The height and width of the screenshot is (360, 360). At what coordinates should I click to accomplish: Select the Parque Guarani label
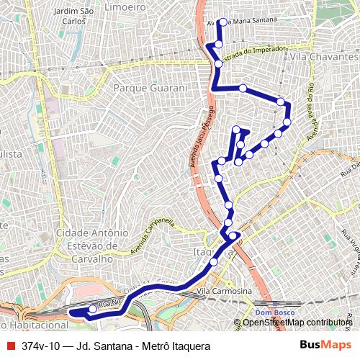coord(150,88)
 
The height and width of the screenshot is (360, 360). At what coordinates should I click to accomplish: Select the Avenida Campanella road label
coord(153,237)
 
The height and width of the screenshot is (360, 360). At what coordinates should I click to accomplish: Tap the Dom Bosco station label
coord(271,312)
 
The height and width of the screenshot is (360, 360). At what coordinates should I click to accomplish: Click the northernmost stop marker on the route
coord(222,22)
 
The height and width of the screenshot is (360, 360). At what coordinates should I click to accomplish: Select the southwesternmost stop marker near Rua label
coord(92,309)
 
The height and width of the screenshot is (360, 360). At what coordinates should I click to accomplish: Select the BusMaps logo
coord(325,346)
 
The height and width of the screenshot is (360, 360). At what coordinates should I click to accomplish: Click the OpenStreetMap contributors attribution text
coord(297,323)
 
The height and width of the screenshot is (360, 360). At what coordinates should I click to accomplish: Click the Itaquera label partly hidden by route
coord(209,252)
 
